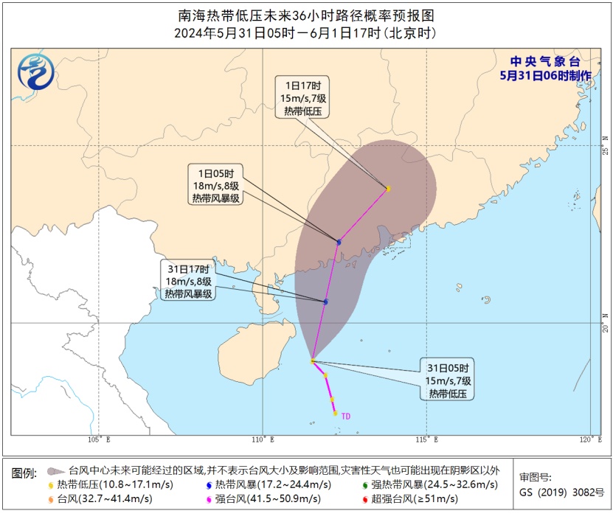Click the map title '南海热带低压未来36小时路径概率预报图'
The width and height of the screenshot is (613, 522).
pos(306,15)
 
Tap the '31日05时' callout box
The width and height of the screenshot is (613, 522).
pos(448,380)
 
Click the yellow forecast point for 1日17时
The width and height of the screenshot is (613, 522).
pos(388,189)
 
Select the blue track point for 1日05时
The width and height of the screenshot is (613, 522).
pos(339,242)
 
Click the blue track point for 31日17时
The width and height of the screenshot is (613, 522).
pos(325,302)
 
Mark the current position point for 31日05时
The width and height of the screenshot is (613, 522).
pos(313,361)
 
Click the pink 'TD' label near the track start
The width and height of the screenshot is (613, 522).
pos(345,417)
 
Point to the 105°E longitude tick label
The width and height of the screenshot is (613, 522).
pos(99,440)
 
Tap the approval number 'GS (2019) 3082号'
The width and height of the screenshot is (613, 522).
pos(561,493)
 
